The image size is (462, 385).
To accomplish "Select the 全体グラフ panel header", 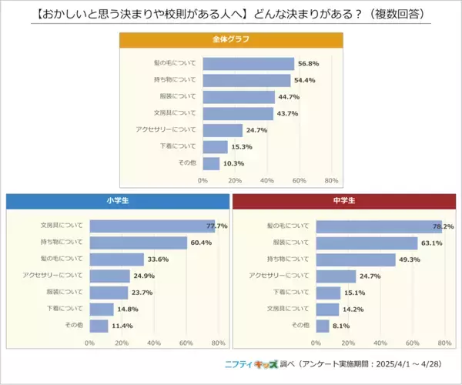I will (230, 39).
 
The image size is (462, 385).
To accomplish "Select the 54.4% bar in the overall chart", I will (246, 81).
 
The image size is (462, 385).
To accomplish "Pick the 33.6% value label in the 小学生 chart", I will (158, 259).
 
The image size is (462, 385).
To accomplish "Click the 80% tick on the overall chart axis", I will (332, 181).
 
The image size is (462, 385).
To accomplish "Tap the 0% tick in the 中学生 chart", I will (316, 343).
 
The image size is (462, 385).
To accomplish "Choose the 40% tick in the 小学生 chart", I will (154, 343).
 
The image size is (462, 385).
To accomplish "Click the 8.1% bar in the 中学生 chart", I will (323, 326).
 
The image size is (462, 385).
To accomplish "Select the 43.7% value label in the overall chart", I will (287, 114).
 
